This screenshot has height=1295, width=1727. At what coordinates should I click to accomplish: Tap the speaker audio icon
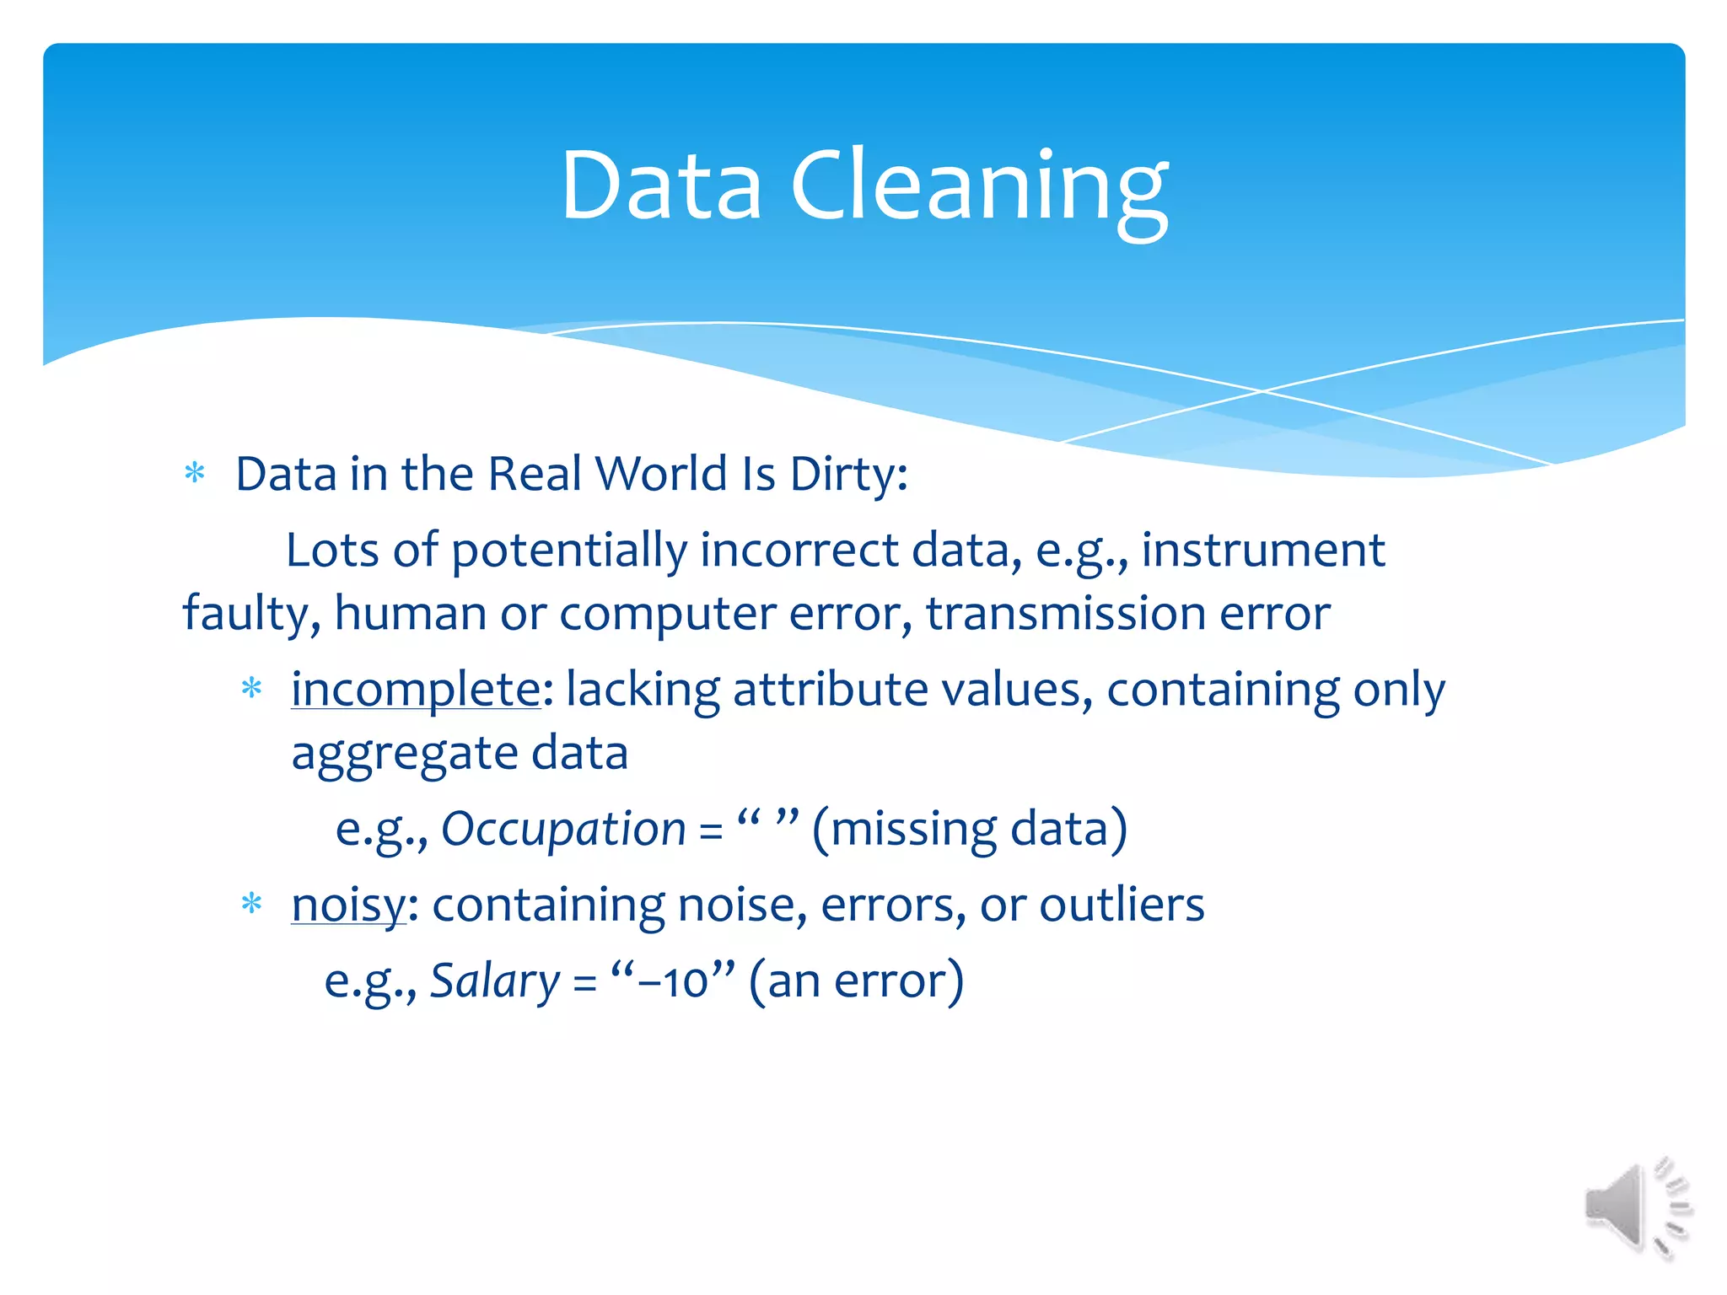(1636, 1208)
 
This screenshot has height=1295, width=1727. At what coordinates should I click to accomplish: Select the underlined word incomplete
(416, 690)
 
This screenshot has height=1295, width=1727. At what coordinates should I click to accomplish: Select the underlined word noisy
(348, 905)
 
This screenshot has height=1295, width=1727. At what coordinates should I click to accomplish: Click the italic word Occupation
(563, 829)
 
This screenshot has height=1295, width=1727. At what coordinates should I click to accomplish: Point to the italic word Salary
(495, 981)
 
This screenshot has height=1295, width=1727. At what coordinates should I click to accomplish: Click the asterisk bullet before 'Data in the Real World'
(195, 473)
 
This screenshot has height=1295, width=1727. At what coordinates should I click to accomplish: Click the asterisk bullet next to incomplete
(251, 689)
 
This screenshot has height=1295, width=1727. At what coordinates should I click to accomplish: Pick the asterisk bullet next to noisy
(251, 905)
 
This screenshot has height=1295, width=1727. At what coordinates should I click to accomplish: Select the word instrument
(1262, 551)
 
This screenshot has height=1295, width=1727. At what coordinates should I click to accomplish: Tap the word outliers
(1122, 905)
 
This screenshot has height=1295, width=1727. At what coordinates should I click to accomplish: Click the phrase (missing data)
(969, 829)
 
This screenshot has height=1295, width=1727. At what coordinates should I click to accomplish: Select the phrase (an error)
(855, 981)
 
